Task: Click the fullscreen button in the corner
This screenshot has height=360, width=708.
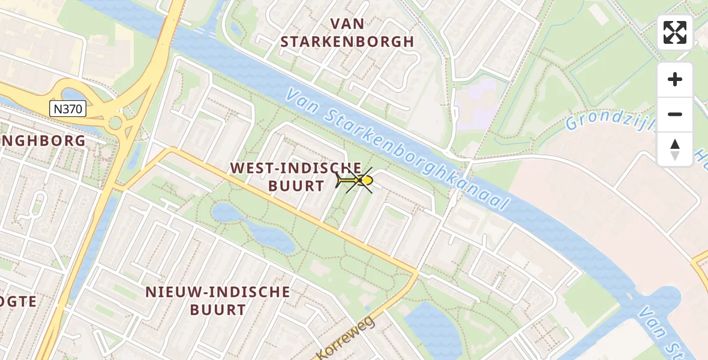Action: click(x=675, y=32)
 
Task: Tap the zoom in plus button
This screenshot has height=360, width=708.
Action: click(x=675, y=79)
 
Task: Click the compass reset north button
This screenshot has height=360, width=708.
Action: click(x=675, y=149)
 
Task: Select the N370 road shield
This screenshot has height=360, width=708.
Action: click(x=68, y=109)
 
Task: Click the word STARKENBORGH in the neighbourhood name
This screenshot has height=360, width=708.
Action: click(x=347, y=41)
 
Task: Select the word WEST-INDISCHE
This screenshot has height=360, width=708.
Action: click(x=296, y=168)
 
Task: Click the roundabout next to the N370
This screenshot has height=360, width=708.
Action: click(x=115, y=124)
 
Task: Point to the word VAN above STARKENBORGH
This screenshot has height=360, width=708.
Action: click(x=347, y=23)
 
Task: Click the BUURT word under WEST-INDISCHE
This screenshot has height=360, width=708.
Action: click(x=296, y=186)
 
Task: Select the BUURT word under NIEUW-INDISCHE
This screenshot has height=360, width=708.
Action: click(x=218, y=310)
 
